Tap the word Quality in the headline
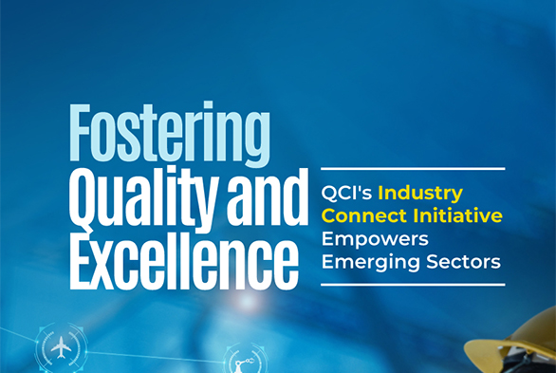pyautogui.click(x=130, y=195)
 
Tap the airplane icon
pyautogui.click(x=62, y=349)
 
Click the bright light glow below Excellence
pyautogui.click(x=249, y=302)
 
